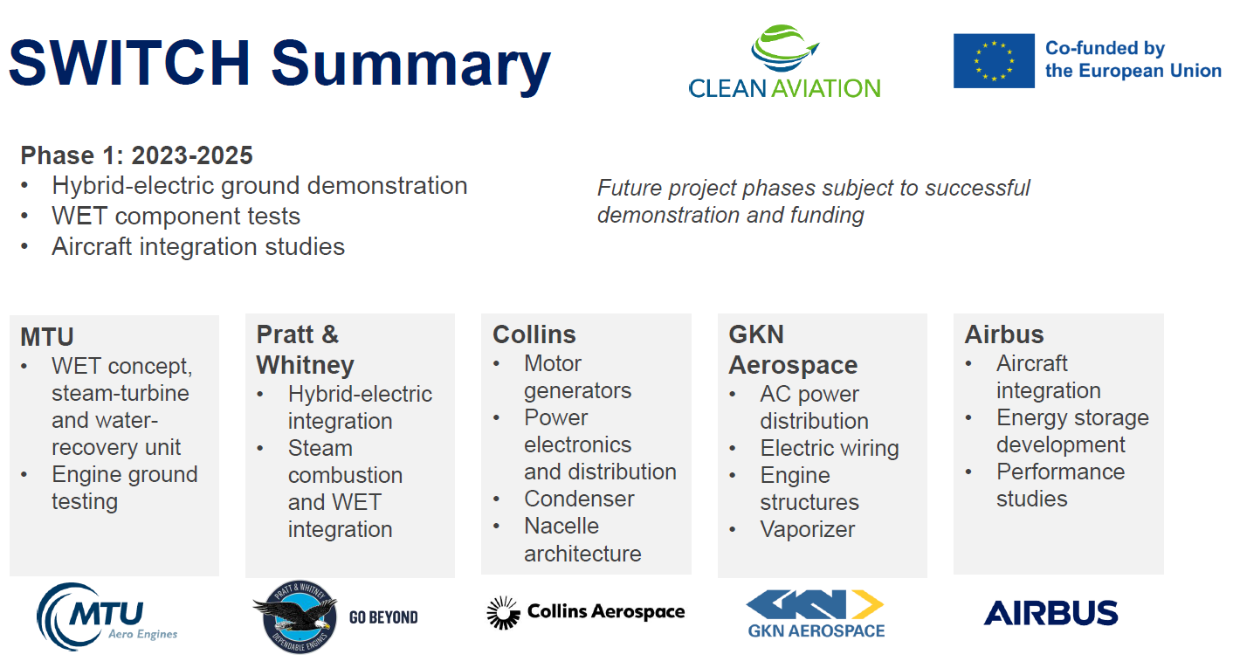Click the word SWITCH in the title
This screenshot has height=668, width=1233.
(130, 63)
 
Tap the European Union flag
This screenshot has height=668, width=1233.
(994, 60)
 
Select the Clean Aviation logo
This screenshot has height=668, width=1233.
(784, 62)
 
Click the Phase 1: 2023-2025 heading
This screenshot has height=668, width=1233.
(136, 155)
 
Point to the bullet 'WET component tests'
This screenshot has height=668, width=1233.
(176, 216)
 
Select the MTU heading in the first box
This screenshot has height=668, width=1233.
(47, 337)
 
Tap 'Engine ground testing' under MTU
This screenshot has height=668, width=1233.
(124, 488)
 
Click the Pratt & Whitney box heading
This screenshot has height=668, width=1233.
(305, 349)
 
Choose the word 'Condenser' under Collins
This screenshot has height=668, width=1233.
(579, 499)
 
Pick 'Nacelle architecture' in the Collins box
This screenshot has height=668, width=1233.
(582, 540)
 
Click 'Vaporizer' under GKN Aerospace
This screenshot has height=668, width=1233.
(808, 529)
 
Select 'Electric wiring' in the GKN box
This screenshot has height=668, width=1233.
(830, 448)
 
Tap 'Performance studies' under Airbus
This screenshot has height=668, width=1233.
(1060, 486)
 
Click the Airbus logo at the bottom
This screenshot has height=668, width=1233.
(1050, 613)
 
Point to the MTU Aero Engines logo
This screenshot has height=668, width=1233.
(107, 616)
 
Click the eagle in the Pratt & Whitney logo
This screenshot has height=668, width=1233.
(294, 614)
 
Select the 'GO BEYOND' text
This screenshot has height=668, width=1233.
(383, 617)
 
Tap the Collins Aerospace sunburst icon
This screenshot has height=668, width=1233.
(503, 612)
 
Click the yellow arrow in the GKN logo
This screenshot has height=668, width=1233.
(867, 604)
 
